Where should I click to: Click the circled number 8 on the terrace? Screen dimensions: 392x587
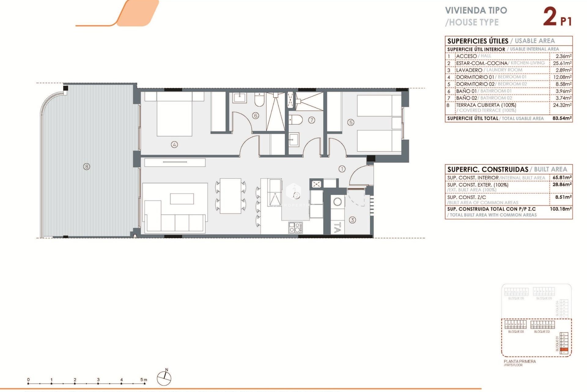[87, 167]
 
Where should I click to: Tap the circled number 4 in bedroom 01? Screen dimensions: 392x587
[174, 145]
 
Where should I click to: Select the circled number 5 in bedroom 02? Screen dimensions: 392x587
[351, 123]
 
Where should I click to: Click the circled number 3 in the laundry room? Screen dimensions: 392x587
[352, 220]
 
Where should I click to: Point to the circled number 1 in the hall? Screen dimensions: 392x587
[342, 169]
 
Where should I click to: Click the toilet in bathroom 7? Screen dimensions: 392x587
[296, 119]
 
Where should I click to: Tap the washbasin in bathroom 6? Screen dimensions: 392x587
[239, 98]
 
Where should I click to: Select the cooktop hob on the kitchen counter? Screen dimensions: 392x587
[295, 228]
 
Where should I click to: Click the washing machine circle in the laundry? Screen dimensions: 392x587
[338, 202]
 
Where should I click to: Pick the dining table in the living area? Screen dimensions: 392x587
[231, 196]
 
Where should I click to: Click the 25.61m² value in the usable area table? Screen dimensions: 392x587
[562, 63]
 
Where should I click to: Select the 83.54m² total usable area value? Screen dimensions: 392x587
[562, 118]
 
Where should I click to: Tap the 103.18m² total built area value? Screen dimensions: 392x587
[561, 209]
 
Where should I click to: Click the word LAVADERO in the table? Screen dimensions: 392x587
[469, 70]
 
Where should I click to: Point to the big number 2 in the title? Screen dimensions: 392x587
[550, 17]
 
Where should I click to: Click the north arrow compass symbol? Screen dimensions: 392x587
[164, 378]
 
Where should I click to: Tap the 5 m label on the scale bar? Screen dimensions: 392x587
[143, 380]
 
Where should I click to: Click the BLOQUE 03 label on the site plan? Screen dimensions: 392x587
[516, 332]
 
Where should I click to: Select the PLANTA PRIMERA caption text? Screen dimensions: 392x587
[520, 361]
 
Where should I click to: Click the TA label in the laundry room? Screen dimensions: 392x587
[338, 228]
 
